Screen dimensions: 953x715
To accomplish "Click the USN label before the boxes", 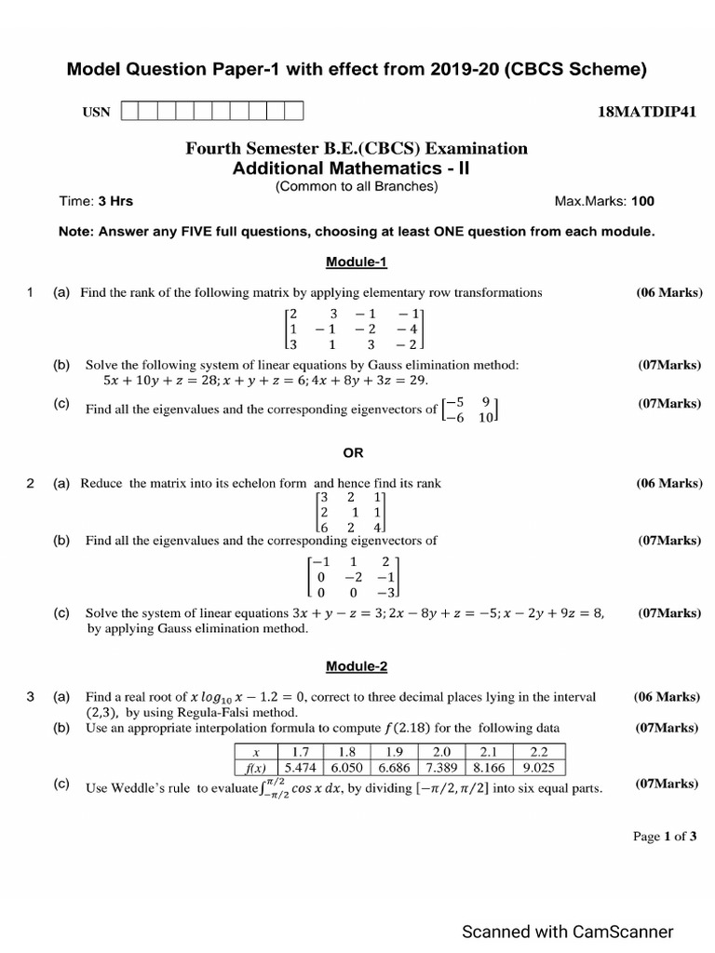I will click(96, 113).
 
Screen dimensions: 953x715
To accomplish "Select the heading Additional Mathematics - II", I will click(356, 168).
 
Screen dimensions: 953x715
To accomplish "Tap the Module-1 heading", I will click(357, 262).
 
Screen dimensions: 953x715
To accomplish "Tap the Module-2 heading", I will click(357, 666).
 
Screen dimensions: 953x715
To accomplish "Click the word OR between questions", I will click(354, 453).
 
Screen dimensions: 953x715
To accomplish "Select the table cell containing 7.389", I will click(442, 769).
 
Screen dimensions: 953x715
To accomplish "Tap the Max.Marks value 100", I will click(642, 201).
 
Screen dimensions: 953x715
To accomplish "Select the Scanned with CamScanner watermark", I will click(568, 932).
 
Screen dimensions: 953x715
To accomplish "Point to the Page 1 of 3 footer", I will click(665, 837).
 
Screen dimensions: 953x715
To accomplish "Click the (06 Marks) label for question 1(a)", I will click(669, 292).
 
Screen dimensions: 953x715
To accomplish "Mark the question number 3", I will click(31, 696).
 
